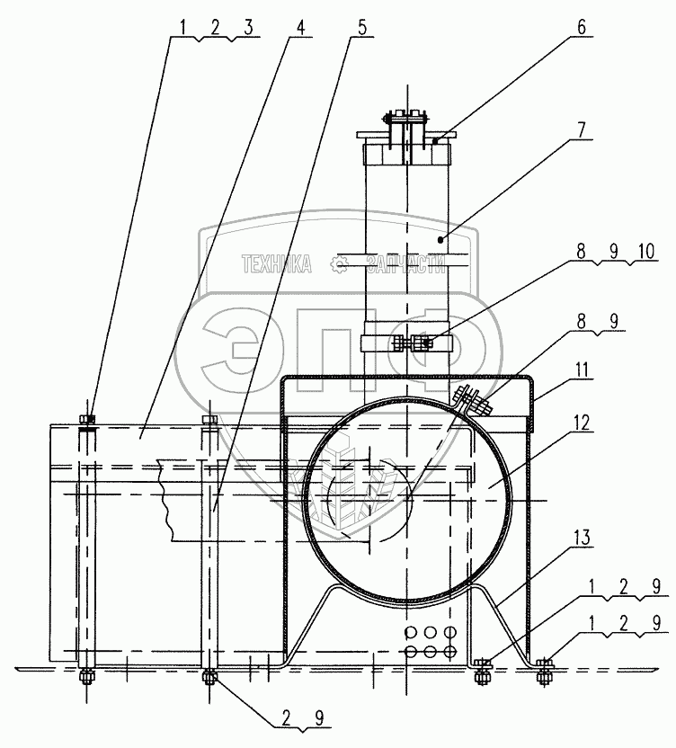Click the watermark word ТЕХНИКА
(276, 263)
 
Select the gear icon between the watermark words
(340, 263)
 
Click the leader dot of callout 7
(442, 238)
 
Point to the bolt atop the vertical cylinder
(407, 117)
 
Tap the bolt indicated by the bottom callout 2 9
(209, 675)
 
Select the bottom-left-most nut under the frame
(85, 676)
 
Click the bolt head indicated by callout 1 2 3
(86, 419)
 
